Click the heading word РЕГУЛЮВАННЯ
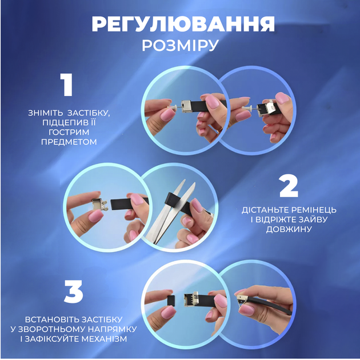click(x=183, y=24)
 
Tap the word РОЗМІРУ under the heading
click(x=180, y=46)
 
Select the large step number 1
click(x=67, y=85)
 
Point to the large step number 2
click(x=289, y=186)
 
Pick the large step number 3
click(x=74, y=291)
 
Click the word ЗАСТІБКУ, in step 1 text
click(x=89, y=113)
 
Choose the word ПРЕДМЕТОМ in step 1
click(x=69, y=142)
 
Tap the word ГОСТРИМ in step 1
click(x=69, y=132)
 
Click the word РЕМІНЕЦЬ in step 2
click(x=314, y=210)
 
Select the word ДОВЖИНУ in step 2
click(x=289, y=229)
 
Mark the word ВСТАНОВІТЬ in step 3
click(x=50, y=319)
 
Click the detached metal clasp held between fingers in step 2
click(x=99, y=204)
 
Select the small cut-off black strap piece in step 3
click(x=171, y=301)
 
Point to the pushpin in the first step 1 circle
click(x=173, y=107)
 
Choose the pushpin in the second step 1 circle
click(x=247, y=107)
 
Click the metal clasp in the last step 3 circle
click(x=242, y=300)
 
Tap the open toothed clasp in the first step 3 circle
click(x=191, y=299)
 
